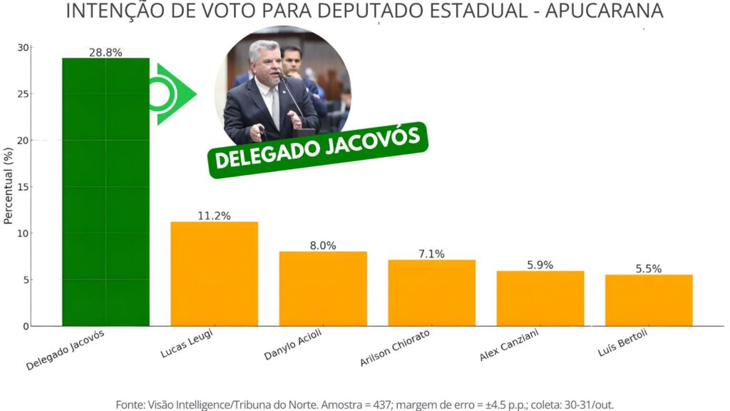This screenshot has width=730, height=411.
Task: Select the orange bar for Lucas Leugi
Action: tap(214, 274)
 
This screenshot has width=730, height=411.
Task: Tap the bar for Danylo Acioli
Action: tap(323, 288)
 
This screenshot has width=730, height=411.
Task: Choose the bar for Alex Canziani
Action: tap(540, 298)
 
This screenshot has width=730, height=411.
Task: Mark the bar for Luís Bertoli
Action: tap(649, 300)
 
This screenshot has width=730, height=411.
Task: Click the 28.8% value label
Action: tap(106, 53)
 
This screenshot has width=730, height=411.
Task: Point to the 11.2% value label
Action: tap(214, 216)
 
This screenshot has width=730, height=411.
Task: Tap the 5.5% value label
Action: tap(649, 269)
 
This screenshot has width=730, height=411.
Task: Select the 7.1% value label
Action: tap(431, 254)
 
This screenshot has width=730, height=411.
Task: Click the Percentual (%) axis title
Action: tap(9, 187)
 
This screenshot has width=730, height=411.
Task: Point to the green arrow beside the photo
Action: tap(173, 94)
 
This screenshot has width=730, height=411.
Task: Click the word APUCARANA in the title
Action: tap(605, 11)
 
